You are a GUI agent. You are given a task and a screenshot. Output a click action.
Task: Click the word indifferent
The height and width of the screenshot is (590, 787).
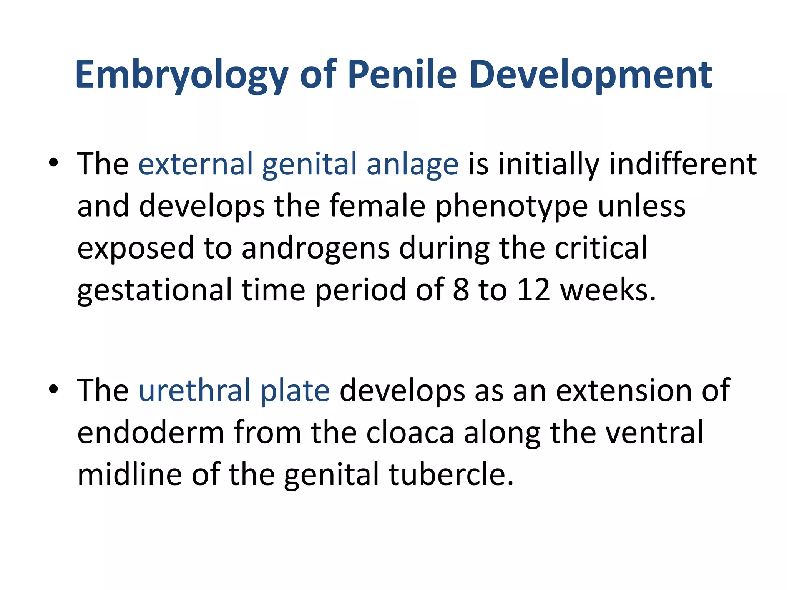coord(683,164)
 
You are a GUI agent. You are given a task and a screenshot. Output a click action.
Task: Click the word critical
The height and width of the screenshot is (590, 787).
coord(601,248)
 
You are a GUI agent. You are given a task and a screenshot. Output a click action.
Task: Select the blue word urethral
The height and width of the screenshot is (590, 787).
coord(194,391)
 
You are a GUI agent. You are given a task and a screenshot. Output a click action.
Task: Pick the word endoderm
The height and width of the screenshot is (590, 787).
coord(151,433)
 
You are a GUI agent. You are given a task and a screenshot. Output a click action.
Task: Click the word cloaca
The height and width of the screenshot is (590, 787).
coord(410,433)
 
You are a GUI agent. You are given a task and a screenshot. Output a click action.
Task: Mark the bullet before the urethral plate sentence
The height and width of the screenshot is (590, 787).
coord(53,389)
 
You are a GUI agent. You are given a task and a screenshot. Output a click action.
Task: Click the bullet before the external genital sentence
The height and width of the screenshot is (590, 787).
coord(53,163)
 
